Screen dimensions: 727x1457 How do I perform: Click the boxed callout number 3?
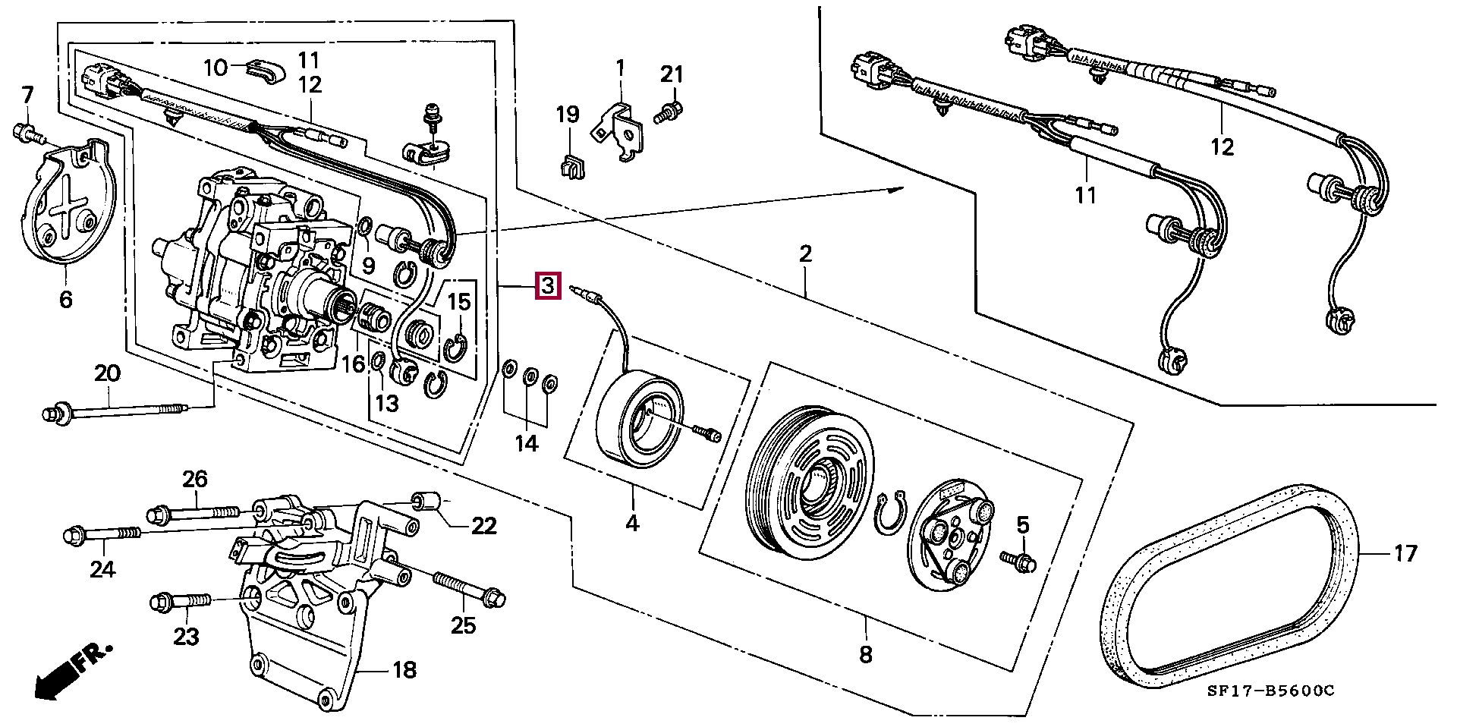coord(548,286)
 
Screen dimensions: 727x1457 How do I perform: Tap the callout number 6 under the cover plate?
coord(66,300)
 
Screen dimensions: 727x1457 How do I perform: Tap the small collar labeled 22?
coord(427,502)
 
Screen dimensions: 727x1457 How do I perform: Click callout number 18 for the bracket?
coord(404,669)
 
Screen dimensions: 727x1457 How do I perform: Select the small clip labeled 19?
coord(571,166)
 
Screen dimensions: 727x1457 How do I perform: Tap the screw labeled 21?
coord(667,109)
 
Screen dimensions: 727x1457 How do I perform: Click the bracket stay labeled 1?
coord(621,127)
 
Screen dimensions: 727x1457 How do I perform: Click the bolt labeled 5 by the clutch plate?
coord(1018,562)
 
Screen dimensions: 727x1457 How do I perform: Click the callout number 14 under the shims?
coord(527,443)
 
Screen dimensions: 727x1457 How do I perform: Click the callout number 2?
coord(805,253)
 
